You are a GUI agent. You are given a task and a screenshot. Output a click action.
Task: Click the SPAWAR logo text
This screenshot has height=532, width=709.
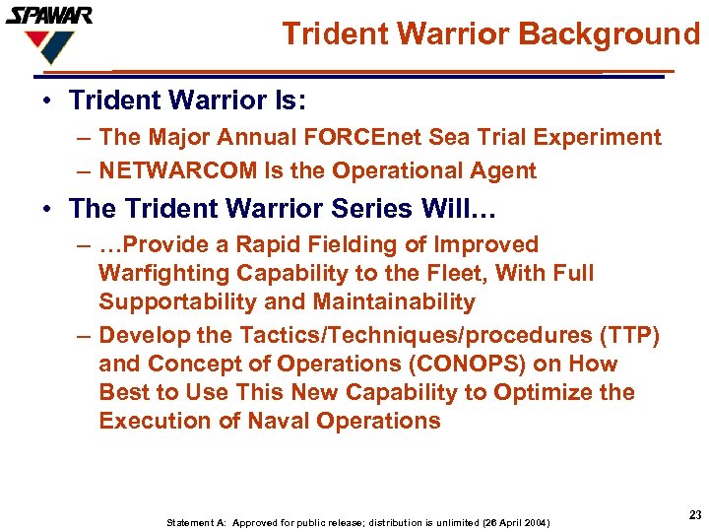click(x=49, y=16)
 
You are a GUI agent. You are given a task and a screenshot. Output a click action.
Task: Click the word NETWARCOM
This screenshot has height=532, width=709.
click(x=177, y=170)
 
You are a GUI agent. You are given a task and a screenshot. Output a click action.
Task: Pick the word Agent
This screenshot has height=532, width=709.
click(x=502, y=170)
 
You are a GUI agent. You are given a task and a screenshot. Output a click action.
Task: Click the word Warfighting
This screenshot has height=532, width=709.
click(x=163, y=273)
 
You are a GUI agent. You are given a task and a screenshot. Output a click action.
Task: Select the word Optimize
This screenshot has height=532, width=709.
click(x=544, y=392)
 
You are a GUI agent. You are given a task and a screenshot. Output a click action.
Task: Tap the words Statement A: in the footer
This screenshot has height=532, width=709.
click(x=194, y=522)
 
